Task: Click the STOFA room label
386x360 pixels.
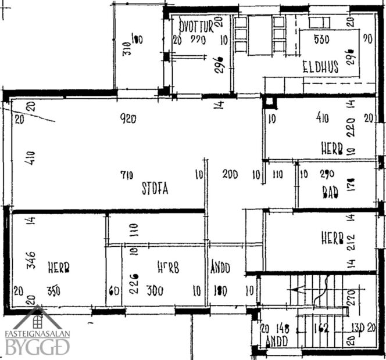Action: tap(155, 188)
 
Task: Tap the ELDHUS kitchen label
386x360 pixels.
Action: tap(320, 67)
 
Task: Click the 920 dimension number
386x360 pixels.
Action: tap(127, 119)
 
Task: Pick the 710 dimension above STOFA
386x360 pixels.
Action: tap(127, 174)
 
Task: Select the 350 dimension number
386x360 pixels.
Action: tap(53, 290)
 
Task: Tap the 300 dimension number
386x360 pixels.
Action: tap(155, 290)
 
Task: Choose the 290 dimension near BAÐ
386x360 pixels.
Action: tap(327, 174)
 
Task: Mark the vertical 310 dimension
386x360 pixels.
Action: tap(126, 48)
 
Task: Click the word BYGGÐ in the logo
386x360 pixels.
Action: tap(37, 348)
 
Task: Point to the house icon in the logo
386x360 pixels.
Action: tap(38, 318)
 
